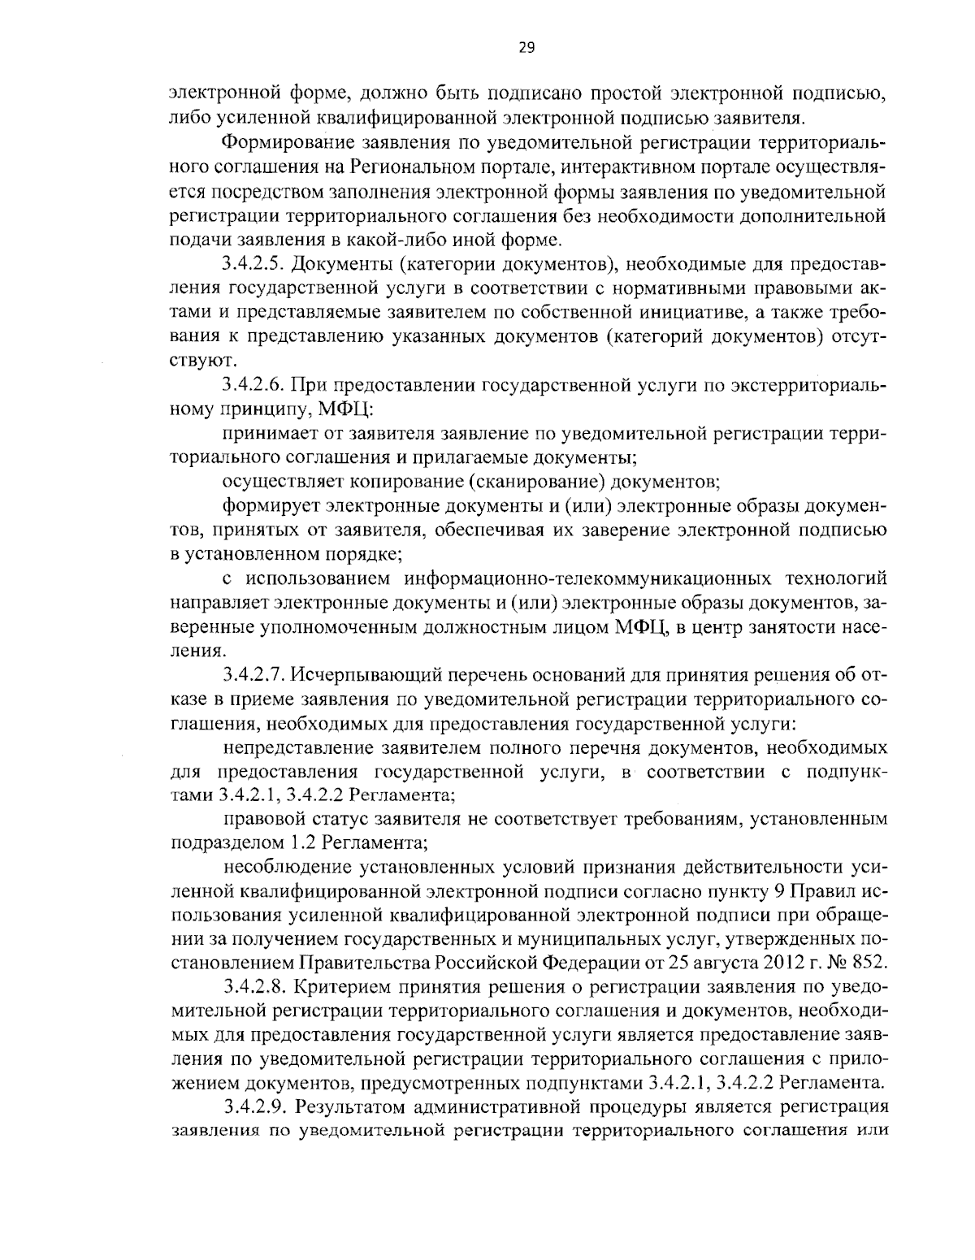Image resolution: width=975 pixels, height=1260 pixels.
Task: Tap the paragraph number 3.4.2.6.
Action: pyautogui.click(x=253, y=383)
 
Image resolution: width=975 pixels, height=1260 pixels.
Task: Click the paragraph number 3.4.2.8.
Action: pyautogui.click(x=253, y=987)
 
